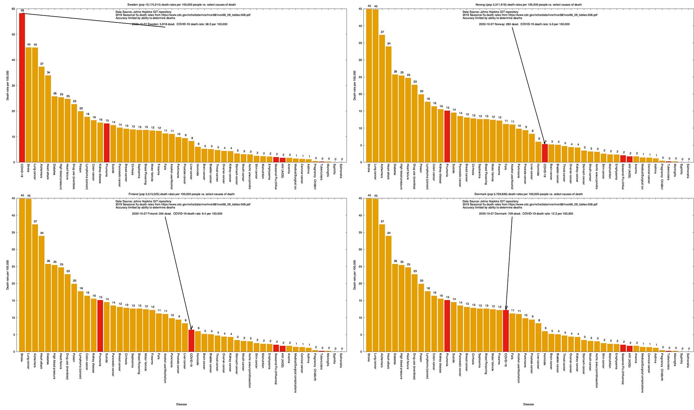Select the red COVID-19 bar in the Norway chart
pyautogui.click(x=545, y=153)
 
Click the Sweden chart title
pyautogui.click(x=181, y=5)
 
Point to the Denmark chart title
pyautogui.click(x=528, y=194)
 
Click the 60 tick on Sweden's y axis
pyautogui.click(x=13, y=9)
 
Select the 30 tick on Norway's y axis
pyautogui.click(x=360, y=60)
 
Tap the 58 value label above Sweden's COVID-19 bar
pyautogui.click(x=22, y=11)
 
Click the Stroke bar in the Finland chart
pyautogui.click(x=22, y=275)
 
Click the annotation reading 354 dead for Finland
pyautogui.click(x=177, y=214)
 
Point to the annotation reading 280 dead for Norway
pyautogui.click(x=524, y=24)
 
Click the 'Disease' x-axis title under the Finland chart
pyautogui.click(x=181, y=404)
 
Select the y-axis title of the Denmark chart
pyautogui.click(x=355, y=275)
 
